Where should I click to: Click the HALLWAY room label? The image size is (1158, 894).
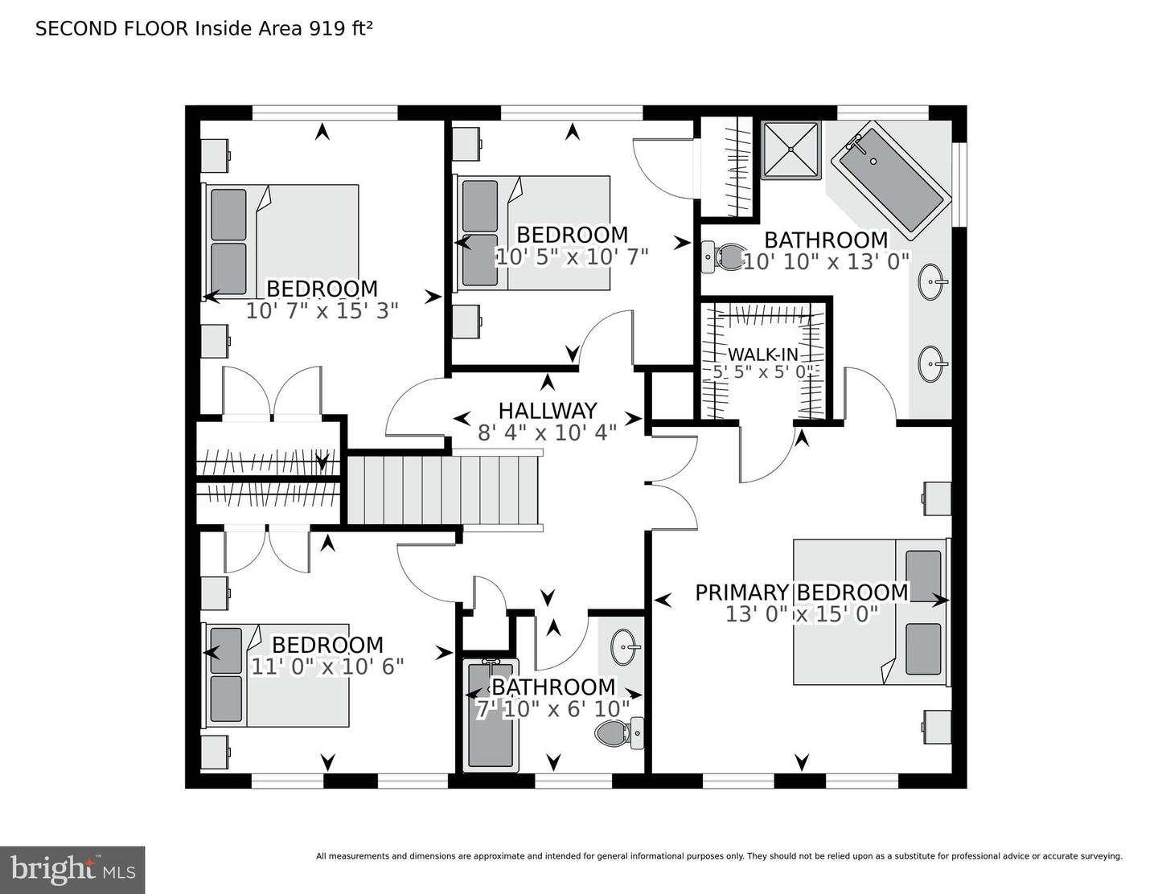click(x=548, y=411)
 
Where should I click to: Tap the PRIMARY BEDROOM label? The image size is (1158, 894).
click(x=801, y=593)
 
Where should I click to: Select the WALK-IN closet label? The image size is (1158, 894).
click(x=762, y=355)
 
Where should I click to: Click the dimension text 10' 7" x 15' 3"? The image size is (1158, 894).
click(x=322, y=311)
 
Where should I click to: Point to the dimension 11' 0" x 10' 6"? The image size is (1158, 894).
click(x=327, y=666)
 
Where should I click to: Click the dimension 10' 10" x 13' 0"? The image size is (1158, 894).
click(x=826, y=261)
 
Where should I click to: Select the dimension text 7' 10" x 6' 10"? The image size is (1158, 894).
click(x=553, y=709)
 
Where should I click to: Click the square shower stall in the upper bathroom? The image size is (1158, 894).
click(x=791, y=150)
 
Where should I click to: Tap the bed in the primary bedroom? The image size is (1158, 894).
click(x=871, y=611)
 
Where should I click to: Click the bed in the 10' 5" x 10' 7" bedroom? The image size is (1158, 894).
click(x=535, y=233)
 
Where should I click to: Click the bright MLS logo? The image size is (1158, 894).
click(x=72, y=870)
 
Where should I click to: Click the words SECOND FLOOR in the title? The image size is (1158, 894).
click(x=112, y=29)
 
